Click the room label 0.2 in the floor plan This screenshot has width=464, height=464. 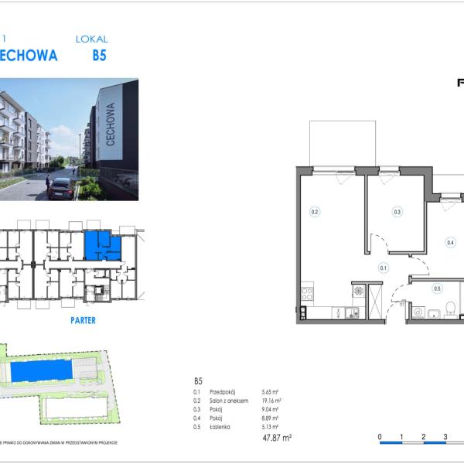[x=315, y=211]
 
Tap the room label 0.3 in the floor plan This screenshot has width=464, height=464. [x=397, y=211]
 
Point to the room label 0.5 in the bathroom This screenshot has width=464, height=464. [x=437, y=289]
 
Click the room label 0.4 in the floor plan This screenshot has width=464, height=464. [x=451, y=242]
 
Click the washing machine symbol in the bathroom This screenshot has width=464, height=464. [x=418, y=312]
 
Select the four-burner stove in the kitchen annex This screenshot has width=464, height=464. [x=307, y=294]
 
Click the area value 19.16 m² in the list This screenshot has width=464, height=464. [x=271, y=401]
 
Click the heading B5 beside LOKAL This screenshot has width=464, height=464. [x=99, y=56]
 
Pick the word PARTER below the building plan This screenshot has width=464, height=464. [x=82, y=320]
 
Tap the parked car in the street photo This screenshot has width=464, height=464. [x=60, y=188]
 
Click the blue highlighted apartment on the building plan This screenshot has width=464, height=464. [x=99, y=246]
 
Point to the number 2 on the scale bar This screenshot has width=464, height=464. [x=424, y=438]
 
